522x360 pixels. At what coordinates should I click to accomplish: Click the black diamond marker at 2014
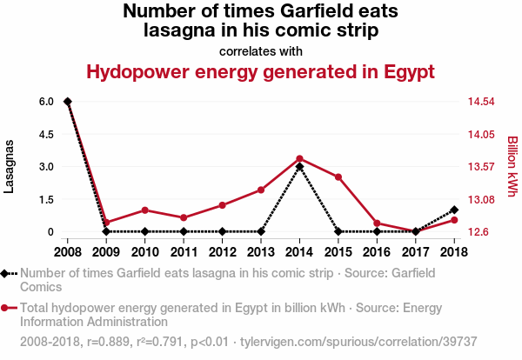(299, 167)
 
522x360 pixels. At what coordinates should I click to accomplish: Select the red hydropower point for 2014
(299, 158)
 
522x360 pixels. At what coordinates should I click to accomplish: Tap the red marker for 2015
(338, 177)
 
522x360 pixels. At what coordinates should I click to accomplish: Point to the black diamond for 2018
(454, 210)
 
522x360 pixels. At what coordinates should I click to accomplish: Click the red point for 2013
(261, 190)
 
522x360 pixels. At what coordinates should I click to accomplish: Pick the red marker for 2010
(144, 210)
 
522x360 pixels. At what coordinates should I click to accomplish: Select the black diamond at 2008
(68, 102)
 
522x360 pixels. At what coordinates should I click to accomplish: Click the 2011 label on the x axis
(184, 252)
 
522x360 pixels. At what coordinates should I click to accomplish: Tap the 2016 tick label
(377, 252)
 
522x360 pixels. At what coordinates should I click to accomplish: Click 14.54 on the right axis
(481, 102)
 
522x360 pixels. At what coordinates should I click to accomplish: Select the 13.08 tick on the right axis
(481, 199)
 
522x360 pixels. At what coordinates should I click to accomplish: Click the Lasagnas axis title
(10, 165)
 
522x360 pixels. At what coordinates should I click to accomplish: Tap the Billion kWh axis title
(512, 165)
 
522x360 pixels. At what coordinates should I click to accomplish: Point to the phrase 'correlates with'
(261, 50)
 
